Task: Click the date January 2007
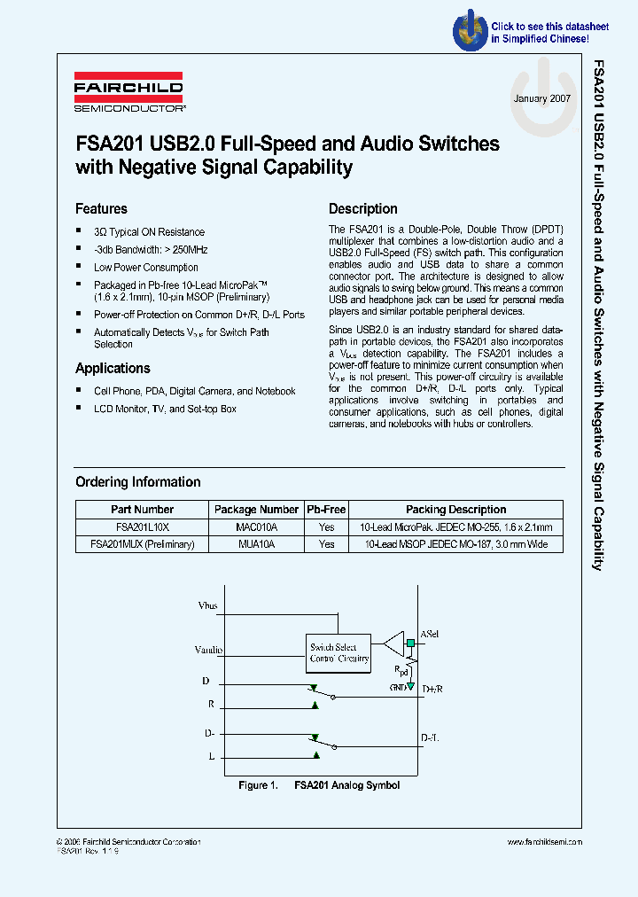(x=541, y=99)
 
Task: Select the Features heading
(x=101, y=209)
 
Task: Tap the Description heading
(x=362, y=209)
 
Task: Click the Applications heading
(x=113, y=369)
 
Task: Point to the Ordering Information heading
(x=137, y=482)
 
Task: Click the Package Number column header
(x=256, y=510)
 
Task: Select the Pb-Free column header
(x=326, y=510)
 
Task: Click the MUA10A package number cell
(x=256, y=544)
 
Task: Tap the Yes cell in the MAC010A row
(x=326, y=526)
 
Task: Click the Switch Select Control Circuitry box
(x=339, y=653)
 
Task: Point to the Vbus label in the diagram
(x=208, y=607)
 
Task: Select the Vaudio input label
(x=209, y=650)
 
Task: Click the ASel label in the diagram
(x=430, y=635)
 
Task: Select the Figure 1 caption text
(x=319, y=785)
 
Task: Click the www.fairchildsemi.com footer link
(x=545, y=842)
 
